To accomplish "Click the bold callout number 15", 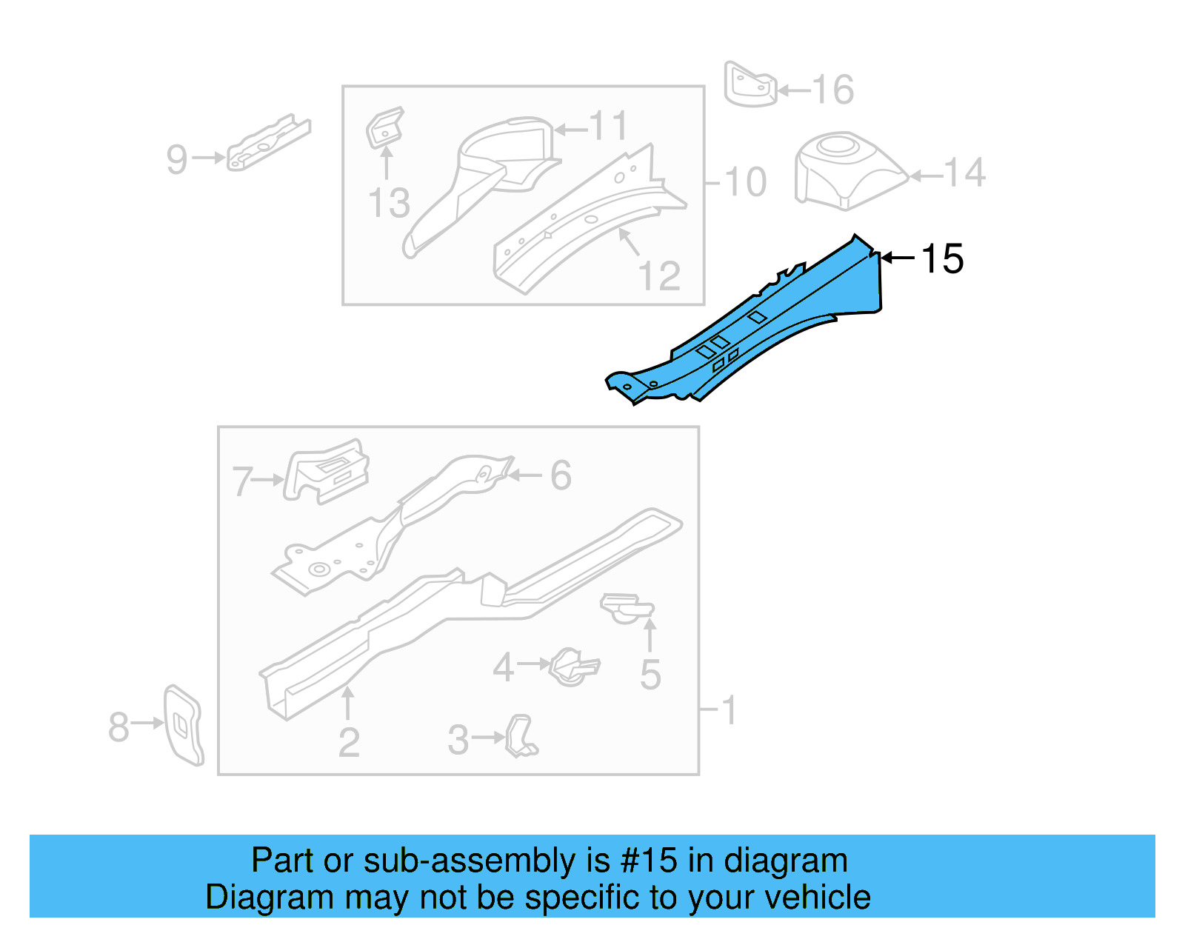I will [942, 259].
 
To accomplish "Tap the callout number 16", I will [833, 90].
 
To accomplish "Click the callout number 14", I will [965, 173].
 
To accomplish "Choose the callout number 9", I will [177, 159].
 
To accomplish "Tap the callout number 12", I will [658, 277].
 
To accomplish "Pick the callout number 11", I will [609, 127].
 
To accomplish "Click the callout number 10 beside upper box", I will [745, 182].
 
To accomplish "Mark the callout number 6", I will [561, 475].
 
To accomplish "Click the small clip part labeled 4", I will [573, 667].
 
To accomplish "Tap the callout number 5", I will [650, 675].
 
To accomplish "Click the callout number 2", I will [349, 743].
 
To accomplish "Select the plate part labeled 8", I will [182, 724].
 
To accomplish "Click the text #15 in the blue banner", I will [649, 861].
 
